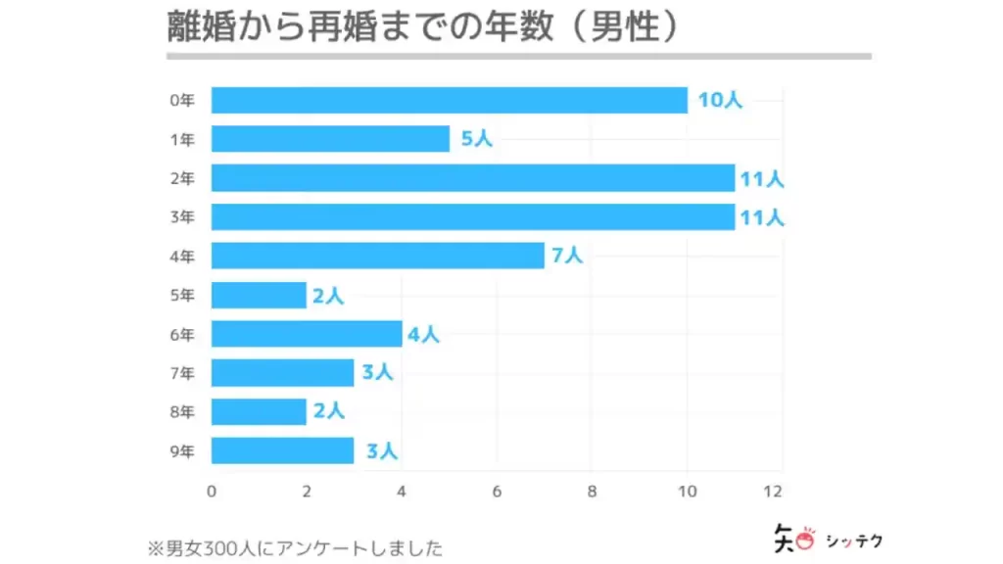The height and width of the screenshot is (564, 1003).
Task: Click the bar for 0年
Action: (x=449, y=100)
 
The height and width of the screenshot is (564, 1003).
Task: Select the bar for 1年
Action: (x=330, y=139)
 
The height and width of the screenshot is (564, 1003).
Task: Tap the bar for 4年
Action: (x=377, y=256)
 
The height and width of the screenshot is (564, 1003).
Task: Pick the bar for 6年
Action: (x=307, y=334)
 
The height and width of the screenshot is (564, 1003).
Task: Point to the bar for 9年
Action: (x=282, y=450)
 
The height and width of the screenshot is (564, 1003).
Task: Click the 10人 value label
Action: (x=720, y=100)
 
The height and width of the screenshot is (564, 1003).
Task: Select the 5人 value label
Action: (x=476, y=139)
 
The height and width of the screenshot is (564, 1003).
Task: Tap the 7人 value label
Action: (x=567, y=256)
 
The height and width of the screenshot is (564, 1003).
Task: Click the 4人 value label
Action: (x=423, y=334)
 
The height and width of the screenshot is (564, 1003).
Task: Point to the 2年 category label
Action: (x=182, y=178)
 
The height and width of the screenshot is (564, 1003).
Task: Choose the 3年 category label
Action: (x=182, y=217)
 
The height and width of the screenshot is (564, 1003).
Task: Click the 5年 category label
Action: (x=182, y=295)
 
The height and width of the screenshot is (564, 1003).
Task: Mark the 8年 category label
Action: (x=182, y=412)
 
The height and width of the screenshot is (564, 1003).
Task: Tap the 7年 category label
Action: (x=182, y=373)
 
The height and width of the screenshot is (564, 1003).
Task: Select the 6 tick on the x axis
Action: (x=497, y=491)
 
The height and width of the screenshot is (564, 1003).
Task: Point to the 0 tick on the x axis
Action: (x=212, y=491)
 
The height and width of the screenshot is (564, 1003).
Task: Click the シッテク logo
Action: (x=822, y=539)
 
